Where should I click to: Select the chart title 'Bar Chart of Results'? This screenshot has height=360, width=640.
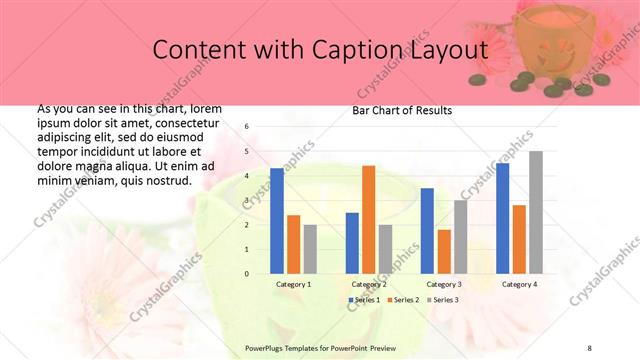(x=402, y=110)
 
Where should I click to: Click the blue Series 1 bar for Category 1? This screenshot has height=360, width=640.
(x=277, y=220)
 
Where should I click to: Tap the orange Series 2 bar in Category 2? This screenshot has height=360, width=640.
(x=368, y=219)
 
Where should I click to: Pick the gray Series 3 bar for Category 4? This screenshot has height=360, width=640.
(x=536, y=212)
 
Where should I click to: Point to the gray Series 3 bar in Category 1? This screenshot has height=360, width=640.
(x=310, y=248)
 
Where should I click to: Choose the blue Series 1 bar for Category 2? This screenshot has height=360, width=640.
(x=352, y=242)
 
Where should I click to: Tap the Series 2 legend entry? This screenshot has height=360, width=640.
(x=402, y=300)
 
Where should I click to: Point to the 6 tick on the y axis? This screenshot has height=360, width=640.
(x=247, y=127)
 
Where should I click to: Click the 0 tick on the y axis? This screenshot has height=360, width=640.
(x=247, y=273)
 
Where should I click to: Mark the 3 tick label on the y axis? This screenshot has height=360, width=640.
(x=247, y=200)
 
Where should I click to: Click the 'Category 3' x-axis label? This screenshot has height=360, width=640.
(x=443, y=284)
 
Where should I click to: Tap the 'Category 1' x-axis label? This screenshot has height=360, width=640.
(x=293, y=284)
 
